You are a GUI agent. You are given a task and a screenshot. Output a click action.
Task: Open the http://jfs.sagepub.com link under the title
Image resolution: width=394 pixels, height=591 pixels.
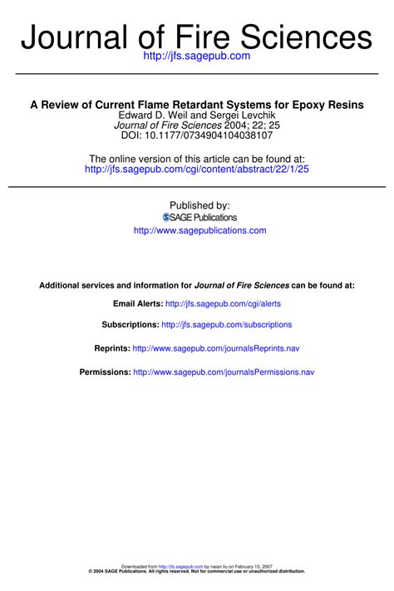point(197,56)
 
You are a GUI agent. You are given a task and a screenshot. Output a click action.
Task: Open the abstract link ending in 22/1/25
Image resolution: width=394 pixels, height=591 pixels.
point(197,170)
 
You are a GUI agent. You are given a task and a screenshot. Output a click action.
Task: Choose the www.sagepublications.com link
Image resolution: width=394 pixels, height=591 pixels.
point(199,230)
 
